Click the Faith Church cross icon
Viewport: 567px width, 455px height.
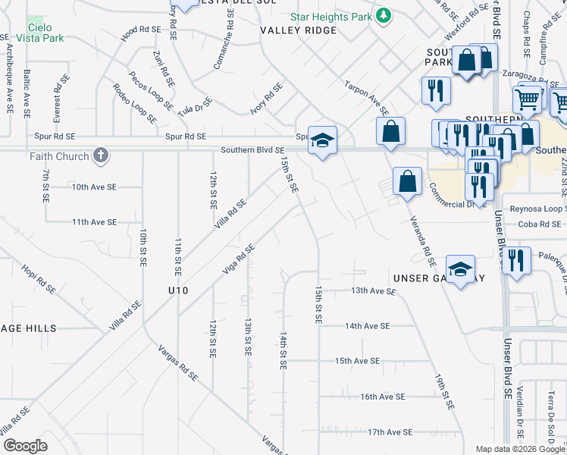click(x=101, y=157)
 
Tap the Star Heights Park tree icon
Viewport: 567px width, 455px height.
click(x=384, y=15)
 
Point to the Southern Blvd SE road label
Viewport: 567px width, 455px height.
click(x=252, y=150)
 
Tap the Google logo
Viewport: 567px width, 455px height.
click(x=25, y=446)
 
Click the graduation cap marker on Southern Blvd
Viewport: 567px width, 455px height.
click(x=322, y=140)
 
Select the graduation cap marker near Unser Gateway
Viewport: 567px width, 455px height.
click(x=460, y=268)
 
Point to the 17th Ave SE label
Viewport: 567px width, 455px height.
click(x=390, y=431)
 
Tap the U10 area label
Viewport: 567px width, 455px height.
click(x=178, y=290)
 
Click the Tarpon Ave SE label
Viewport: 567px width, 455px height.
click(x=365, y=97)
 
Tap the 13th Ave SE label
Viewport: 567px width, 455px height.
click(x=373, y=290)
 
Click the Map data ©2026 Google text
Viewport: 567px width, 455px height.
click(x=519, y=449)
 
